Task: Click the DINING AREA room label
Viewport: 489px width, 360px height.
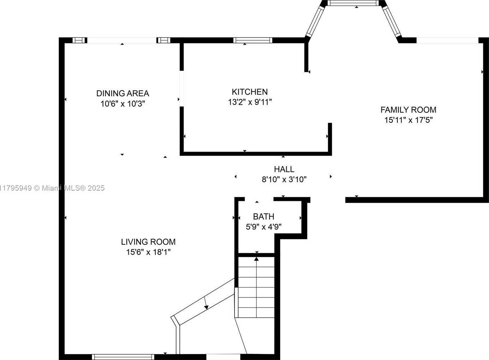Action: pos(122,93)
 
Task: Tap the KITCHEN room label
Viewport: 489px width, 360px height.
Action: pos(249,92)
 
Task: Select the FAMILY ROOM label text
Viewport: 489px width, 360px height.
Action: pos(408,110)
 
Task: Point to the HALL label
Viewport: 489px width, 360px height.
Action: pos(284,169)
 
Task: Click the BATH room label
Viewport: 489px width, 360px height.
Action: pos(263,216)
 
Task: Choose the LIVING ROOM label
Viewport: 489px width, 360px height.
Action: pos(148,242)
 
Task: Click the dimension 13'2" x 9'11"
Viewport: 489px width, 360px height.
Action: pos(250,102)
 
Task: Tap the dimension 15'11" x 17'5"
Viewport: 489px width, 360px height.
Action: pos(408,120)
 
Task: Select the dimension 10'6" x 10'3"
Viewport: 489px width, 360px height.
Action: pos(122,104)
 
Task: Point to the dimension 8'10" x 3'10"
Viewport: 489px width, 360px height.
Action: pos(284,179)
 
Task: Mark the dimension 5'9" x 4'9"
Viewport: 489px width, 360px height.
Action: pos(264,227)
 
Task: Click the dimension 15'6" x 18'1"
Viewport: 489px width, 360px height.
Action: pos(148,252)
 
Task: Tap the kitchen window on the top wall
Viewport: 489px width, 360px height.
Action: pos(253,40)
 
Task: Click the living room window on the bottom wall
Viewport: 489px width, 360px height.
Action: pos(123,357)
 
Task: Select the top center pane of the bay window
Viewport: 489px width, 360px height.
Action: pos(352,3)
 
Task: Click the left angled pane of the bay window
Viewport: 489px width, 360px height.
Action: pos(315,21)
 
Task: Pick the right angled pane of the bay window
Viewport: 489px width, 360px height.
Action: pos(392,21)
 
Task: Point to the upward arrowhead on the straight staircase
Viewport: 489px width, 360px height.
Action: pos(257,259)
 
